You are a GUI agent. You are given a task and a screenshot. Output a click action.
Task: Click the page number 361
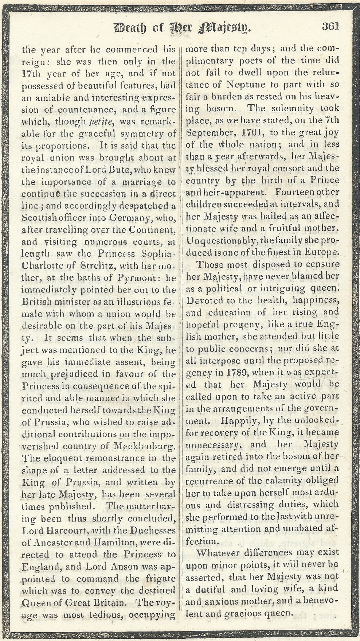pos(330,26)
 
